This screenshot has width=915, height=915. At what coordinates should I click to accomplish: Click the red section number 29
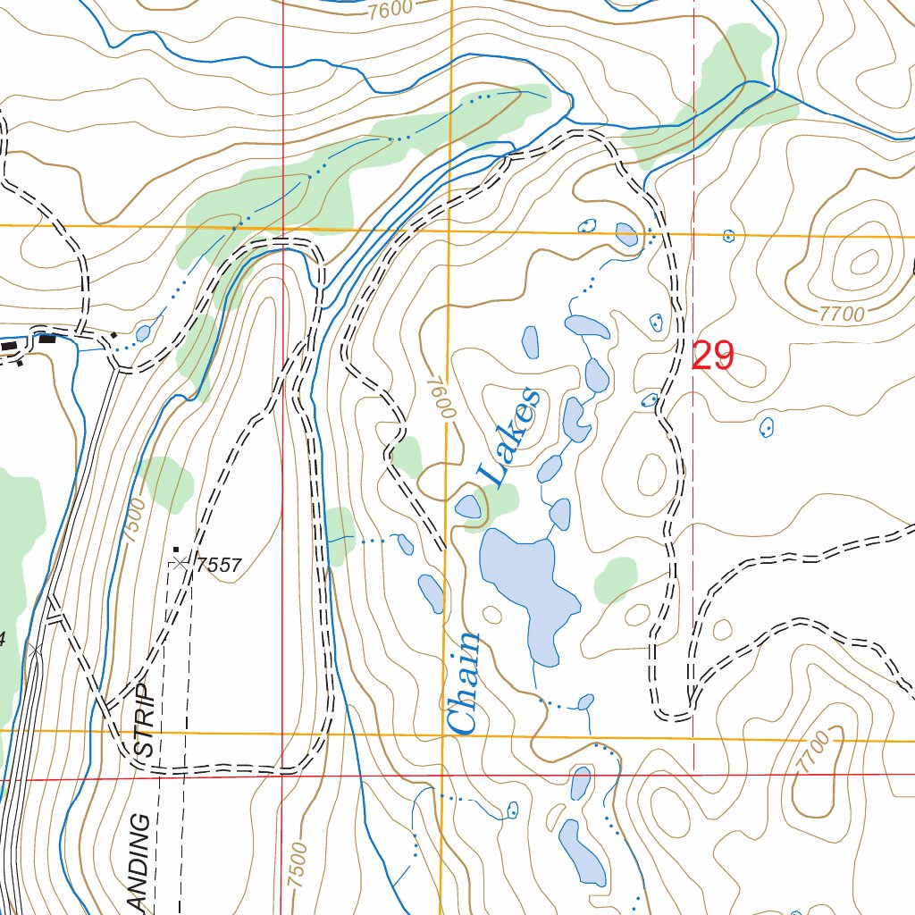point(713,357)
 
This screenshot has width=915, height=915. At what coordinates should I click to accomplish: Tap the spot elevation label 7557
point(220,565)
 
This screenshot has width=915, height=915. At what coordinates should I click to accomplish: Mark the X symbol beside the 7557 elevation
point(182,563)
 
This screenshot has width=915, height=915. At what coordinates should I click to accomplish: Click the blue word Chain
point(464,684)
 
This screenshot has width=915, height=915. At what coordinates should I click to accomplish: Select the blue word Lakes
point(509,438)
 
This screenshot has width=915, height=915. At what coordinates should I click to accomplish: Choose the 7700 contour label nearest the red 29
point(842,314)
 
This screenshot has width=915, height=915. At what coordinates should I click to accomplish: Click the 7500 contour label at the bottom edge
point(298,865)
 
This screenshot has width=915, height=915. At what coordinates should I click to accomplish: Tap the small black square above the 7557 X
point(176,549)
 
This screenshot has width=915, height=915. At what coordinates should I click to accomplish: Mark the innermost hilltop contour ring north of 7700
point(864,262)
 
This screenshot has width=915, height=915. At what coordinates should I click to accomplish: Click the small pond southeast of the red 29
point(766,428)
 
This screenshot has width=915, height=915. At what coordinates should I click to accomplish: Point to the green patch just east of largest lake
point(616,578)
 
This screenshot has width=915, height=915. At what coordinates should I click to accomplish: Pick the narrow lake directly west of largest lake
point(432,593)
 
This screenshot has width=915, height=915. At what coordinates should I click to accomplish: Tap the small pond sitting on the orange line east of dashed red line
point(728,236)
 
